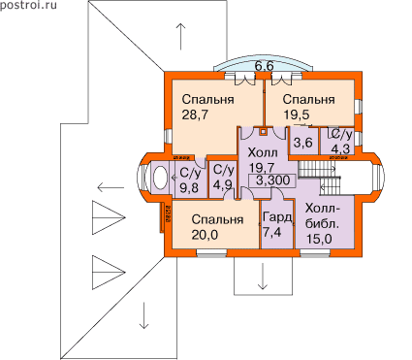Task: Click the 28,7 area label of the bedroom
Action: click(195, 115)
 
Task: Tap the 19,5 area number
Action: click(297, 115)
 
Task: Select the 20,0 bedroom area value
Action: click(205, 235)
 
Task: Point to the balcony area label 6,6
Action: click(264, 66)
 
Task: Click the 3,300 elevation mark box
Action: click(272, 180)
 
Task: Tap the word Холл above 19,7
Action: click(263, 152)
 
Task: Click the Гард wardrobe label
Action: click(277, 217)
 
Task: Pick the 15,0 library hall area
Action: click(319, 239)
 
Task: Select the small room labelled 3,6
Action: click(303, 142)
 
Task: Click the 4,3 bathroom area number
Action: click(340, 149)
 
